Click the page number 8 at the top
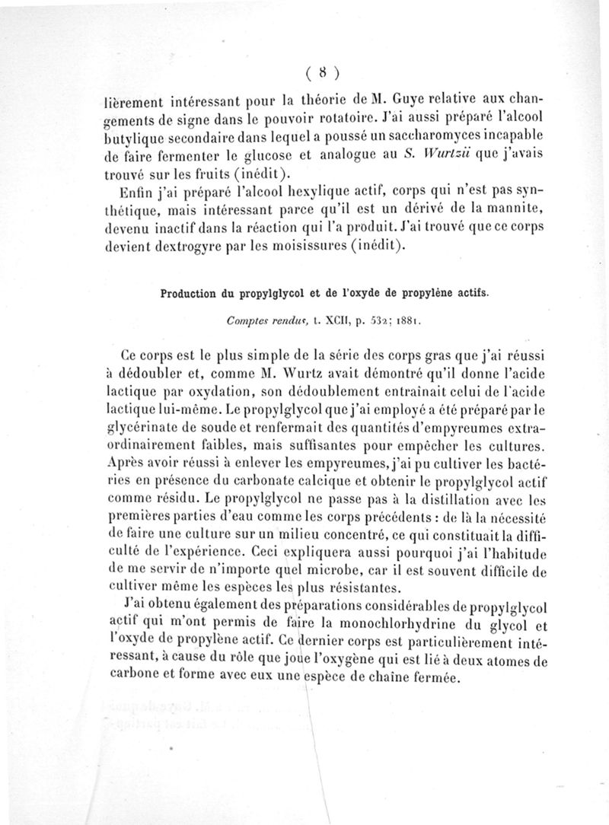324,73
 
